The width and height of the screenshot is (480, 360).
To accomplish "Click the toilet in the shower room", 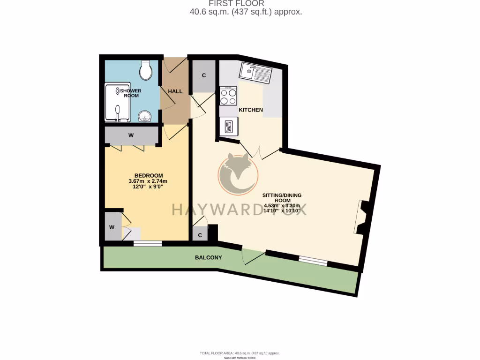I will tap(146, 70).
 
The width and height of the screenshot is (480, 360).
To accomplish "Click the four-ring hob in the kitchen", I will tap(228, 96).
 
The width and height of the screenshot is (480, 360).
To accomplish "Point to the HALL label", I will tap(175, 91).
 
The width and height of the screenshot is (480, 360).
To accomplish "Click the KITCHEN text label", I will tap(251, 110).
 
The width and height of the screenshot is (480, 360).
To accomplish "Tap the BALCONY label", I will tap(209, 258).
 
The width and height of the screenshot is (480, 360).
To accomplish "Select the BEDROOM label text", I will tap(148, 175).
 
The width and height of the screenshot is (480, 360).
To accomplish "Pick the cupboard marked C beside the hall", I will tap(204, 75).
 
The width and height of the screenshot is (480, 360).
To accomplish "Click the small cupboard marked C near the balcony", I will tap(200, 235).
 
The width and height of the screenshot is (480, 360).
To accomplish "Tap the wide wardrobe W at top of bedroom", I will tap(131, 135).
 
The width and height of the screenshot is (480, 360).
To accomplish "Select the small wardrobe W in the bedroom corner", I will tap(112, 227).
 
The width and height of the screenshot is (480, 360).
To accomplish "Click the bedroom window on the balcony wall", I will tap(148, 243).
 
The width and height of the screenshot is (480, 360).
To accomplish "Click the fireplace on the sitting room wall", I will tap(362, 217).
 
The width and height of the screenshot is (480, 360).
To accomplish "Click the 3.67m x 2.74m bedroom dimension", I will tap(148, 181).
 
